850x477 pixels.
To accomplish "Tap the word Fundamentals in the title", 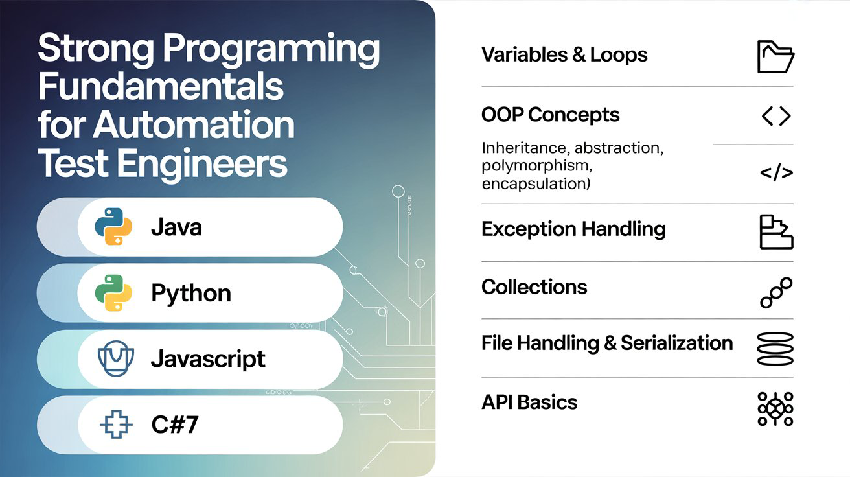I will (161, 87).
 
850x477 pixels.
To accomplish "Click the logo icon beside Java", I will (113, 227).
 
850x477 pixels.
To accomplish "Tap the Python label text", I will (190, 293).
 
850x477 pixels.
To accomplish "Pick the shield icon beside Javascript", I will (113, 358).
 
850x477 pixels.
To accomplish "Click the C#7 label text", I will (175, 425).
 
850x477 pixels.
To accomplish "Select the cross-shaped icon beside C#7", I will (116, 425).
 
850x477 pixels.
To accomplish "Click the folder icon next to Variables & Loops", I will (775, 57).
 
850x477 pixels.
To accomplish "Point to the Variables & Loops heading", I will (564, 54).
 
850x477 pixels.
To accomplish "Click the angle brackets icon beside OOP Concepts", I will (775, 116).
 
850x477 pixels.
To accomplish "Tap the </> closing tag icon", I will (775, 172).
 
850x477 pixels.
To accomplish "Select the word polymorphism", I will (536, 165).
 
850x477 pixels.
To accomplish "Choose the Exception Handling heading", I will (573, 229).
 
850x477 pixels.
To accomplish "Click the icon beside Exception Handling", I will (775, 232).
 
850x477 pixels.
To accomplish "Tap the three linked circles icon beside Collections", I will (775, 292).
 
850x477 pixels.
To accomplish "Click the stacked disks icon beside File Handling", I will (775, 349).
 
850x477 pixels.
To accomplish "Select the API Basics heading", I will (529, 402).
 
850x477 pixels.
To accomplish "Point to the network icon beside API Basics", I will (775, 408).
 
